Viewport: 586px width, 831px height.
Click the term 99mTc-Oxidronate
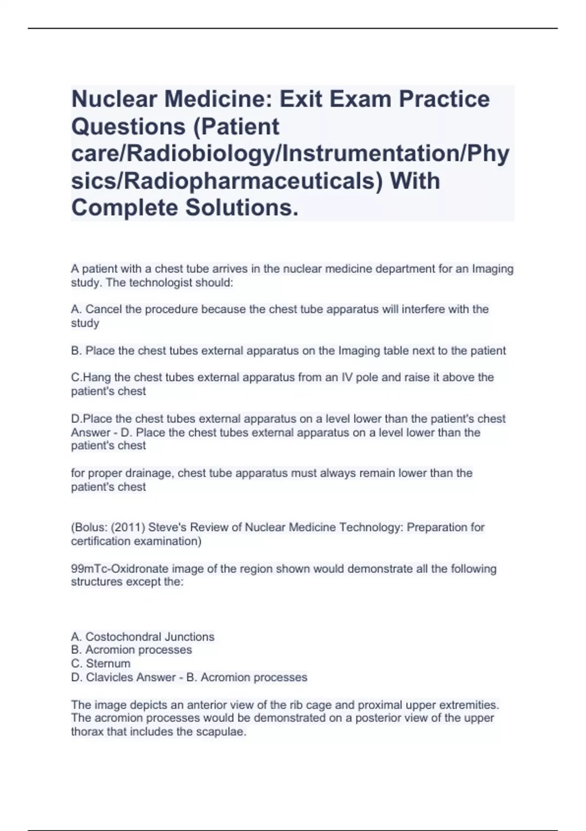[x=120, y=569]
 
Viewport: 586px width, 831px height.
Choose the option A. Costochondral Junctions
[x=143, y=637]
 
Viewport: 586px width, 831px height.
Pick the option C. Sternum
[x=101, y=664]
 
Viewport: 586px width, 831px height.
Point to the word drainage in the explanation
[x=150, y=473]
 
